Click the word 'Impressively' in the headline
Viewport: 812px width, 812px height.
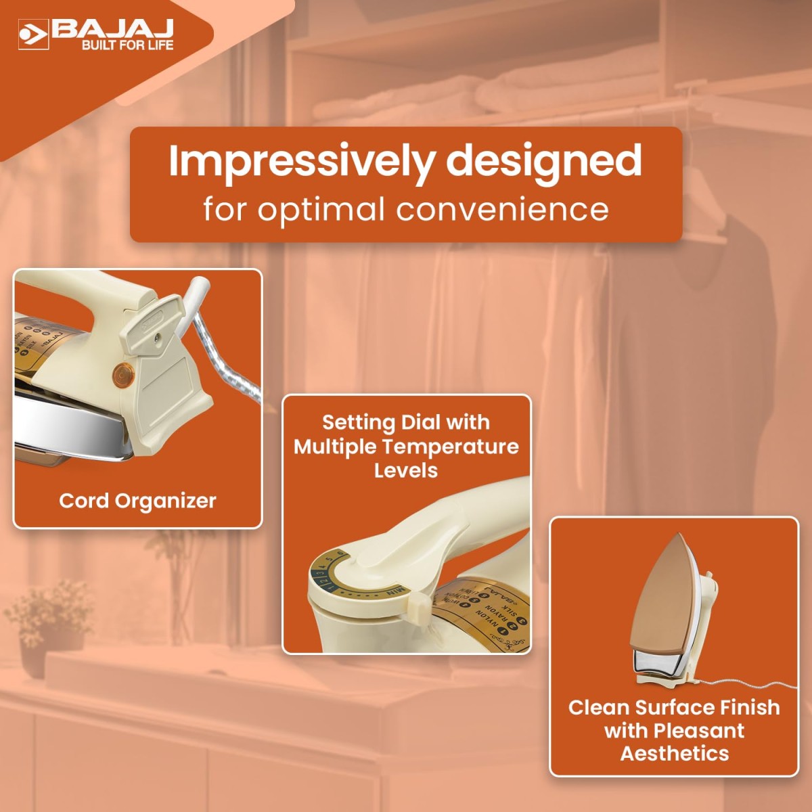pos(301,161)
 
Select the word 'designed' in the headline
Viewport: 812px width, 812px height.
pos(543,161)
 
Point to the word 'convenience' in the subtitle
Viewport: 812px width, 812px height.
pos(502,209)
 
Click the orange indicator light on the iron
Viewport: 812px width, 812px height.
pos(122,373)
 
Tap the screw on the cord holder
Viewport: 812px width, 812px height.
pos(157,336)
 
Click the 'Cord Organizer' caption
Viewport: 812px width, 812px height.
pos(137,501)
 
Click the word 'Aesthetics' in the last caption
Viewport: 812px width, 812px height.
pos(675,753)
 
